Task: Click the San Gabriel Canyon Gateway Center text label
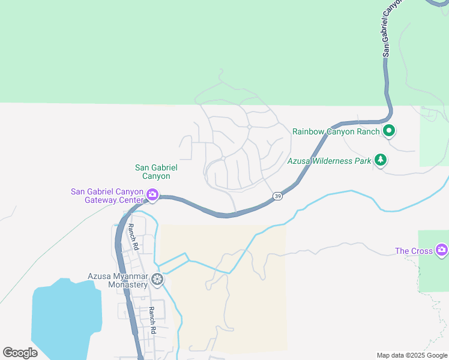[107, 196]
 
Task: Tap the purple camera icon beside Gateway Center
[152, 194]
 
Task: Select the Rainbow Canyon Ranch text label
[336, 131]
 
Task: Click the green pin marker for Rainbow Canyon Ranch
[389, 130]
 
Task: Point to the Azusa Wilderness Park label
[329, 161]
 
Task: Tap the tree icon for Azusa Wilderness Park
[380, 160]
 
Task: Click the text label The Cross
[414, 250]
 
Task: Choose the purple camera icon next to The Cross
[442, 249]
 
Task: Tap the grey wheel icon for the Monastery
[157, 279]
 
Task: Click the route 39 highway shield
[277, 196]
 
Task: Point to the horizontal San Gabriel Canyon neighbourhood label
[152, 172]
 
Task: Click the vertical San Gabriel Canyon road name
[390, 30]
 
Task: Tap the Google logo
[20, 353]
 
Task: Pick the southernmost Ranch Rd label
[152, 320]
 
